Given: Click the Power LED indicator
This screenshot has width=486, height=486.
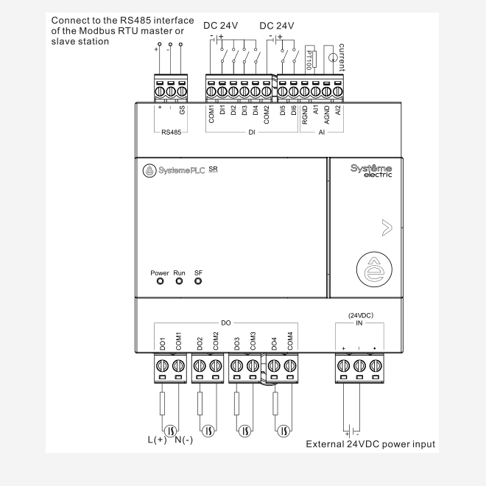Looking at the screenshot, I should [x=160, y=281].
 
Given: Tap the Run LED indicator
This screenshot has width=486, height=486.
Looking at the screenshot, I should [x=178, y=281].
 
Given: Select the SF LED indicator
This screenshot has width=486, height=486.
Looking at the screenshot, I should [x=198, y=281].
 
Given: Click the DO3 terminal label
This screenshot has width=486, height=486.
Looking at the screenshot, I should [x=237, y=344].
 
